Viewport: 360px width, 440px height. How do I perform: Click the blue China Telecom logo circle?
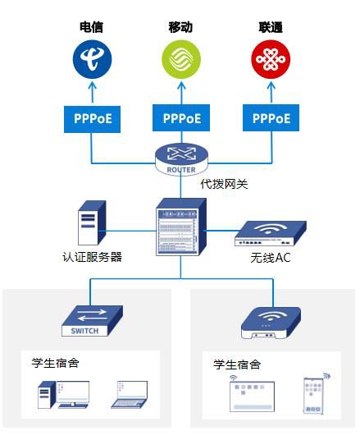92,59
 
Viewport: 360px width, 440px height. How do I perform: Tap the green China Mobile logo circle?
181,59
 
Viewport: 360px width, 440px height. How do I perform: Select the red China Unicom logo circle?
271,59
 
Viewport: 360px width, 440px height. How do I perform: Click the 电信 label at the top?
91,27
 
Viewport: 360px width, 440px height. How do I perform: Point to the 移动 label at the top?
180,27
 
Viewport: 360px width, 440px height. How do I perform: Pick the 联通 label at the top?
271,27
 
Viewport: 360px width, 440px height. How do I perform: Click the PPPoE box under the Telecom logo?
92,119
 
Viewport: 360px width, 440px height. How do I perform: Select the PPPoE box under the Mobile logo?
181,118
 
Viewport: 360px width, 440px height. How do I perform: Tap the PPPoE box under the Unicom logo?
271,118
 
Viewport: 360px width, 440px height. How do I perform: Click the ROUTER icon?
181,159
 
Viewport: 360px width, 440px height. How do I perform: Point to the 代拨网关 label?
225,185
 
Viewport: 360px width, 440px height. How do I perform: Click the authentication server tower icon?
92,222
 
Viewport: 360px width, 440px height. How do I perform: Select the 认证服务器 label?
92,257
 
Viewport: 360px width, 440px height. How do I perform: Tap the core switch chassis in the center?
181,227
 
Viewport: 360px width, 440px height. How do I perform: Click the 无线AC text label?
271,258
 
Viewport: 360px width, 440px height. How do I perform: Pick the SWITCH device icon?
92,321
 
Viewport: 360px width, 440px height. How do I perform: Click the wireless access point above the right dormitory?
271,323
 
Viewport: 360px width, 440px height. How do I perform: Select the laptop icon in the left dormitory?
130,394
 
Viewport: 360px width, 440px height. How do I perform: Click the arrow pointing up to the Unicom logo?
271,92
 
